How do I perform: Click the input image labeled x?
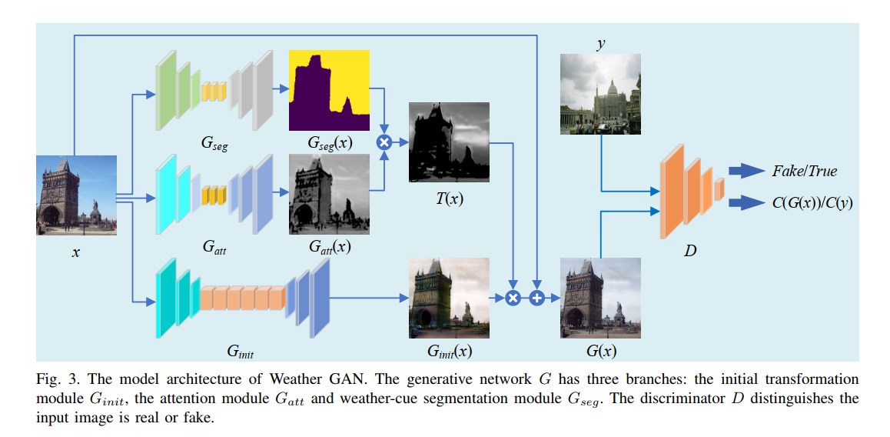click(x=77, y=195)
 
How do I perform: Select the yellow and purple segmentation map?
click(x=329, y=90)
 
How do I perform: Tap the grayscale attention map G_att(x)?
click(x=329, y=194)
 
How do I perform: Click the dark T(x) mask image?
click(x=450, y=143)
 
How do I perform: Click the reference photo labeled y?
click(x=600, y=92)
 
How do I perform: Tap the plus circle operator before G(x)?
click(x=536, y=298)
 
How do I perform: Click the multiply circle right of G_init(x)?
click(x=513, y=298)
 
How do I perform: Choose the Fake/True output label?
click(x=805, y=171)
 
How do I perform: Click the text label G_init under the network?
click(x=240, y=352)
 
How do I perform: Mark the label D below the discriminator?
click(x=690, y=251)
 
